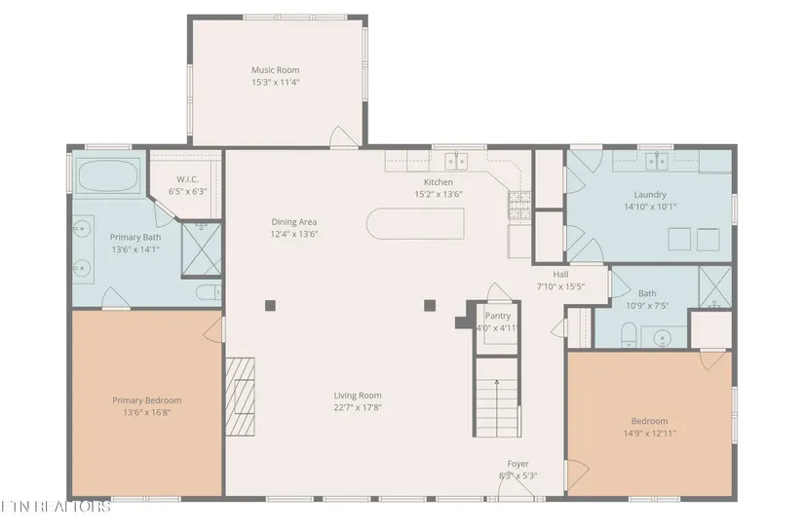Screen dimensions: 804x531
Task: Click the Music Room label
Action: click(276, 70)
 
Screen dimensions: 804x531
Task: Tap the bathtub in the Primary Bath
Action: click(108, 175)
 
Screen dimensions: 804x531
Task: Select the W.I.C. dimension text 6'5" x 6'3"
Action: click(188, 191)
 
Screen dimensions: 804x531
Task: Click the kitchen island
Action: click(415, 223)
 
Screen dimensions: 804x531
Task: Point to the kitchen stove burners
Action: click(519, 205)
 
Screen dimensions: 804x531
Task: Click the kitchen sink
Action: click(456, 161)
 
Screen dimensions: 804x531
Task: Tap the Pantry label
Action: click(498, 316)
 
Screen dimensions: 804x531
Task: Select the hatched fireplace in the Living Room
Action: click(241, 397)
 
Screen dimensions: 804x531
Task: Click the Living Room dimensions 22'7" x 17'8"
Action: click(358, 407)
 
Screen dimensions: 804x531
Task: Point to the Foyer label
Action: click(517, 464)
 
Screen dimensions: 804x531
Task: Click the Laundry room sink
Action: click(656, 161)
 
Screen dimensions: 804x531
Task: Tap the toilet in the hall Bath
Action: click(629, 335)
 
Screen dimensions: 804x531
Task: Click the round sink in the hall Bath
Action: click(663, 338)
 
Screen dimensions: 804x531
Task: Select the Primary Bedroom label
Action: click(146, 400)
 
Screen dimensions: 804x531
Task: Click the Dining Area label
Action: click(293, 222)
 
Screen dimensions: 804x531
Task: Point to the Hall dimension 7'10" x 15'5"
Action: click(560, 287)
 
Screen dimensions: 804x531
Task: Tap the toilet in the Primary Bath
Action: click(208, 292)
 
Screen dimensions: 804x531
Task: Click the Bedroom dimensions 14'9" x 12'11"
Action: click(649, 434)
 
